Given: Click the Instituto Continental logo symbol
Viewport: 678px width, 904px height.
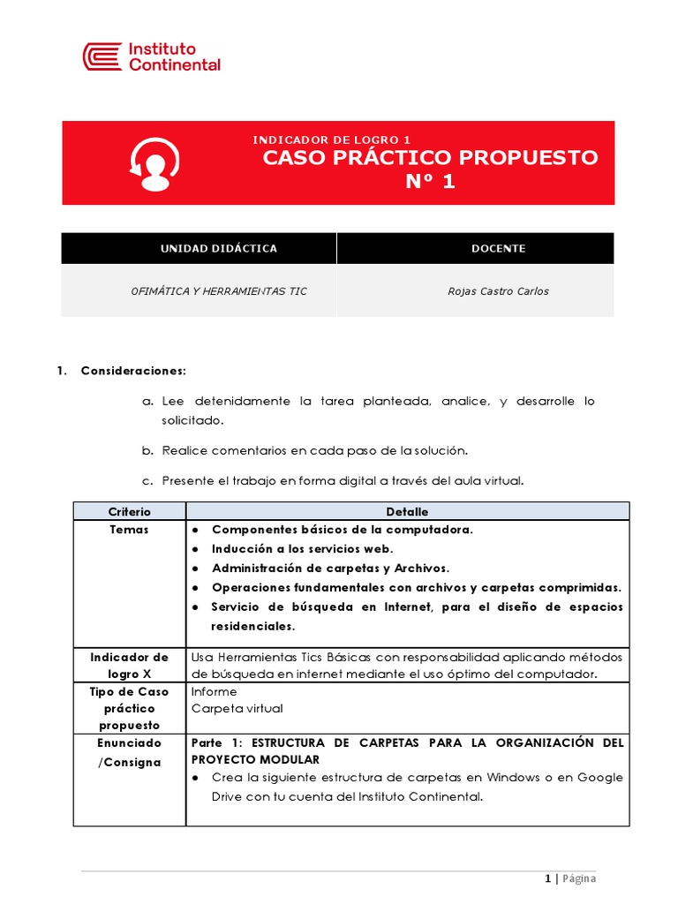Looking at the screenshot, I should [x=102, y=56].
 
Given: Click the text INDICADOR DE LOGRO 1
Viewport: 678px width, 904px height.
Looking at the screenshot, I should [x=332, y=139].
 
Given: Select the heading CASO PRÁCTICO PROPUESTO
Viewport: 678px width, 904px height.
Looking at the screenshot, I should [x=430, y=158].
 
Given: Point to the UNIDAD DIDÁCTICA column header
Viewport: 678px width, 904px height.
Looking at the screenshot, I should [x=218, y=248].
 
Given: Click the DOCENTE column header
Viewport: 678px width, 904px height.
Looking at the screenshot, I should [x=498, y=248].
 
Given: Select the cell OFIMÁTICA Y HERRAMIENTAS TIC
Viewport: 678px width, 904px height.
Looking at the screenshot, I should [x=218, y=291].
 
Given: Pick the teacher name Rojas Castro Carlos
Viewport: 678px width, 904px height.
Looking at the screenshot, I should [x=498, y=291].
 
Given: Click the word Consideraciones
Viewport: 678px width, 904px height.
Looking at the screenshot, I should [x=133, y=370].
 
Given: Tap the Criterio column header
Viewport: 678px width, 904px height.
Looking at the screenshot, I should [x=129, y=512].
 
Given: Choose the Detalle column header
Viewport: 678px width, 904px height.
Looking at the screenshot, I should [x=407, y=512].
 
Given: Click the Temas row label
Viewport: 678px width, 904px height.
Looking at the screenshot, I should [x=129, y=530].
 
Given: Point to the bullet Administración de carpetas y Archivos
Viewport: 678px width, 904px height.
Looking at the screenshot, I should [x=330, y=568].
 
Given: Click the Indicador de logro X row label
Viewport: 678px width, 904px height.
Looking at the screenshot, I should [x=129, y=666].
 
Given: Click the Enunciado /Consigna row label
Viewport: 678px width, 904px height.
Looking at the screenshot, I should [x=129, y=752].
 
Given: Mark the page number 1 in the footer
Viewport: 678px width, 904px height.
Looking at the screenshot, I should [x=547, y=878].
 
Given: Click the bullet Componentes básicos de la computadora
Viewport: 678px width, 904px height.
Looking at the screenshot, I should [x=343, y=530].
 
